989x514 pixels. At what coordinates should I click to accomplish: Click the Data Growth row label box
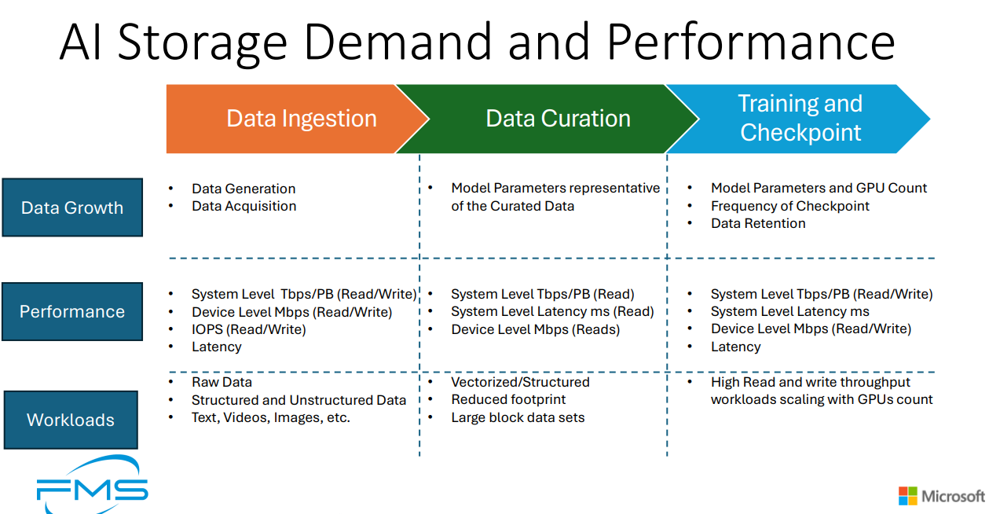[72, 207]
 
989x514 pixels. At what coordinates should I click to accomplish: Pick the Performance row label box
[72, 311]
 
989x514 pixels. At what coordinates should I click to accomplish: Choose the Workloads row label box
[71, 420]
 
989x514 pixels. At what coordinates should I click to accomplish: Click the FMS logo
[92, 488]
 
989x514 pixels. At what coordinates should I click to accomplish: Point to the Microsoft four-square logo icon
[907, 496]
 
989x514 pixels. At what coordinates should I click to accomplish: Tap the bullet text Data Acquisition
[244, 206]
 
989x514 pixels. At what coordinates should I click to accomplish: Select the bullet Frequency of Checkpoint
[789, 206]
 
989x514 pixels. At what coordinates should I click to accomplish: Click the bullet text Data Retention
[757, 223]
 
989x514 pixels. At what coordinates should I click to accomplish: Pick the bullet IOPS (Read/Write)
[248, 329]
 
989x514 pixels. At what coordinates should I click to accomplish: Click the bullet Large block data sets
[518, 417]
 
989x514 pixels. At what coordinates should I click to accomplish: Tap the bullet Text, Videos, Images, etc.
[270, 417]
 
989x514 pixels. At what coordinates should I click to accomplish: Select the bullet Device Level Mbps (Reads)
[535, 329]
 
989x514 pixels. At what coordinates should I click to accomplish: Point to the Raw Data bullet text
[222, 382]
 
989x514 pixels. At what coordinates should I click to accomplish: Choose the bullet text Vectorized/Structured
[520, 382]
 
